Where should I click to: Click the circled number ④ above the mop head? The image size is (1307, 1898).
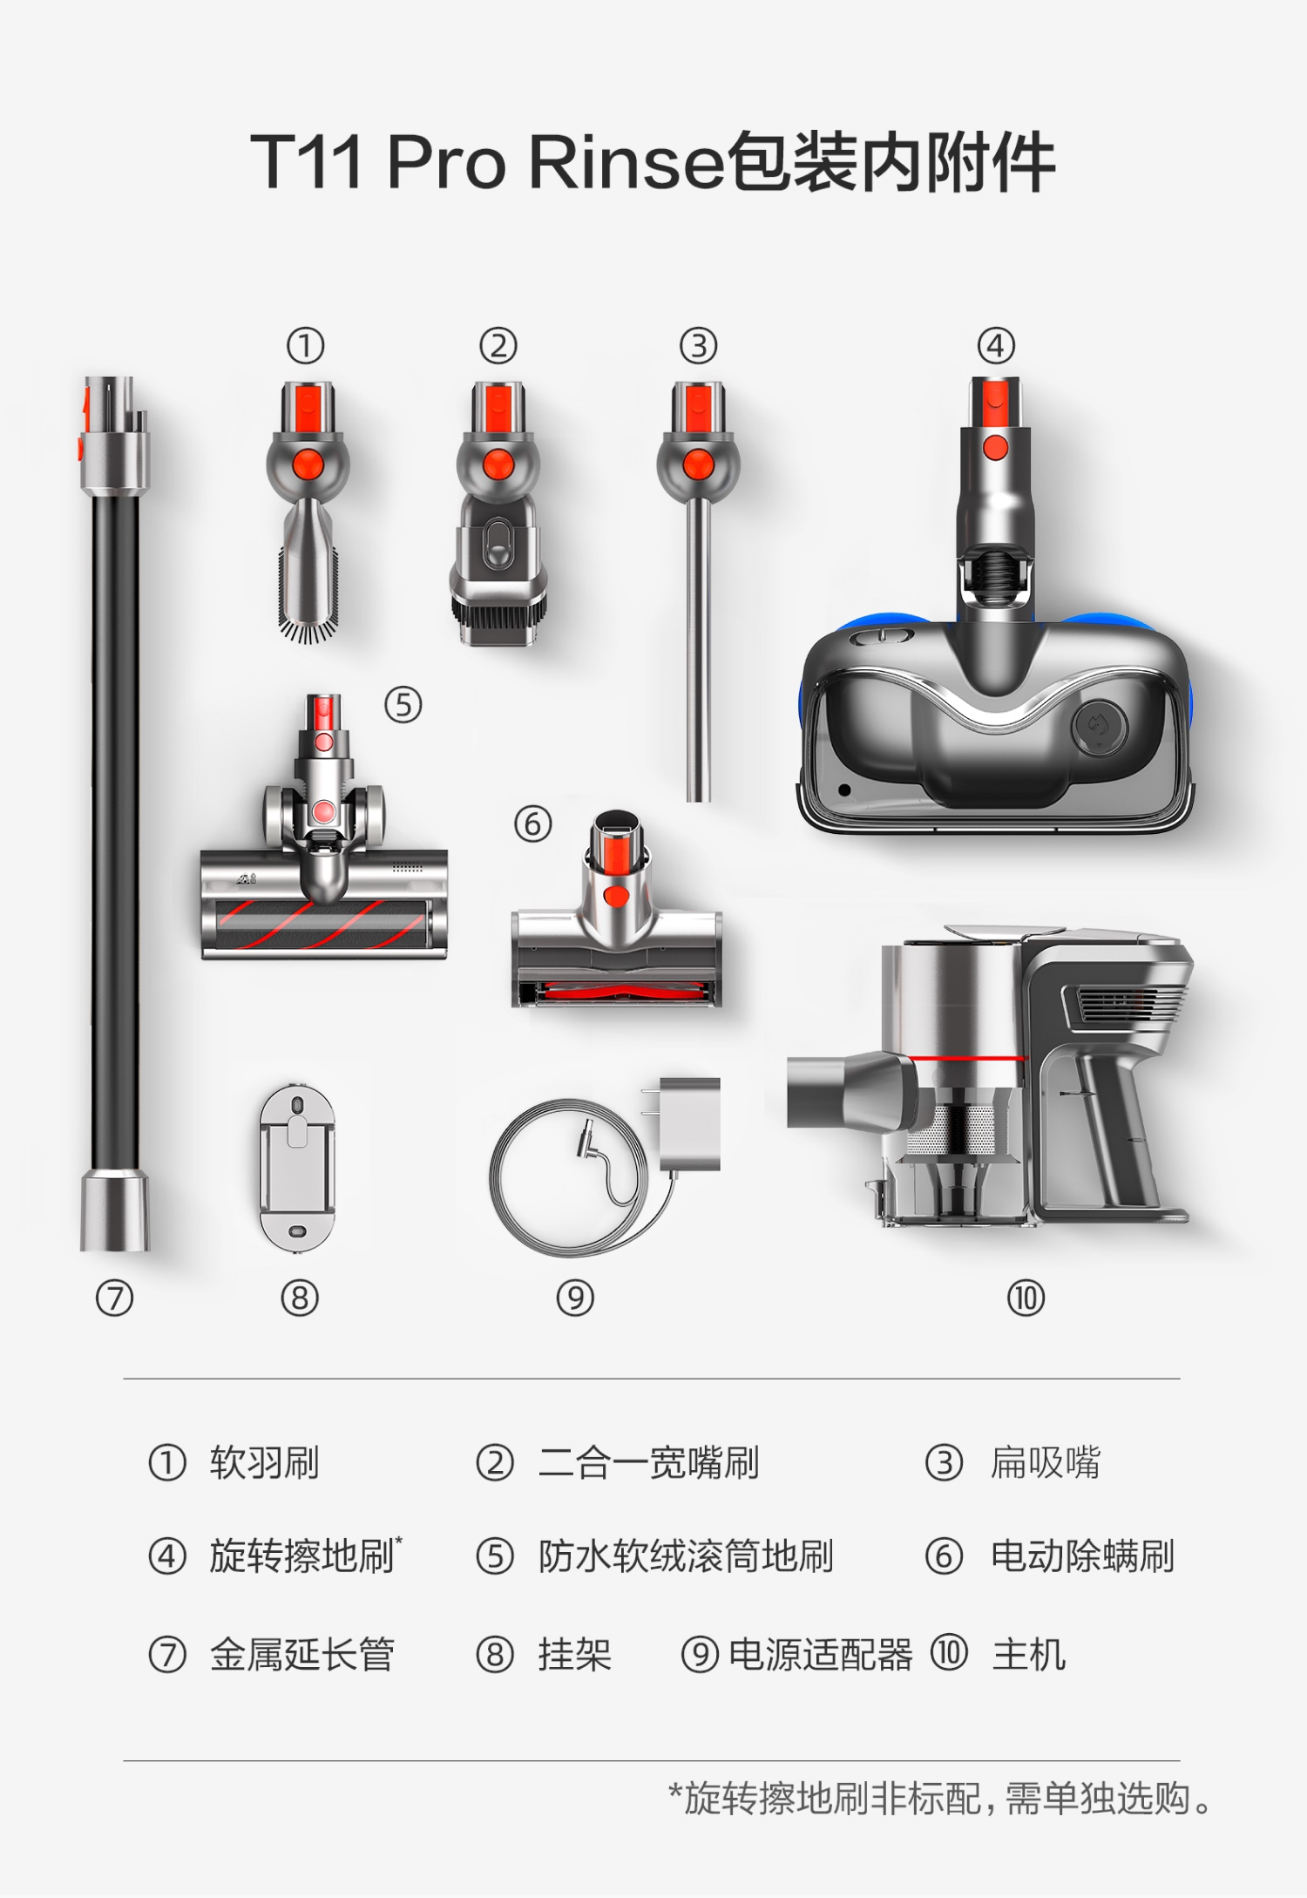click(996, 346)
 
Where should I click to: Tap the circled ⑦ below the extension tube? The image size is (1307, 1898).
click(114, 1298)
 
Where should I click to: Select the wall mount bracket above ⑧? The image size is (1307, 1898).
click(297, 1168)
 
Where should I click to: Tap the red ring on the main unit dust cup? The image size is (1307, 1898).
click(967, 1059)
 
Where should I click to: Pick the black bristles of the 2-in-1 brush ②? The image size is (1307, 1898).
click(499, 619)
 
